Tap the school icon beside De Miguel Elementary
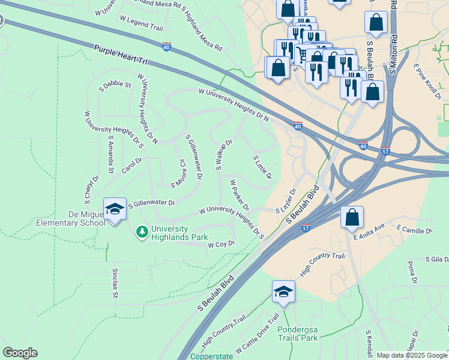[115, 208]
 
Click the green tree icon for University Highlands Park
[142, 231]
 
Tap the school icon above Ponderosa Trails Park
[283, 292]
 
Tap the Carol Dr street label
[131, 164]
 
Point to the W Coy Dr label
[221, 244]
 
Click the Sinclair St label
[115, 283]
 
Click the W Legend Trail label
[141, 23]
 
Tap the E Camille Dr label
[414, 230]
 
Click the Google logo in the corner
[20, 352]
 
